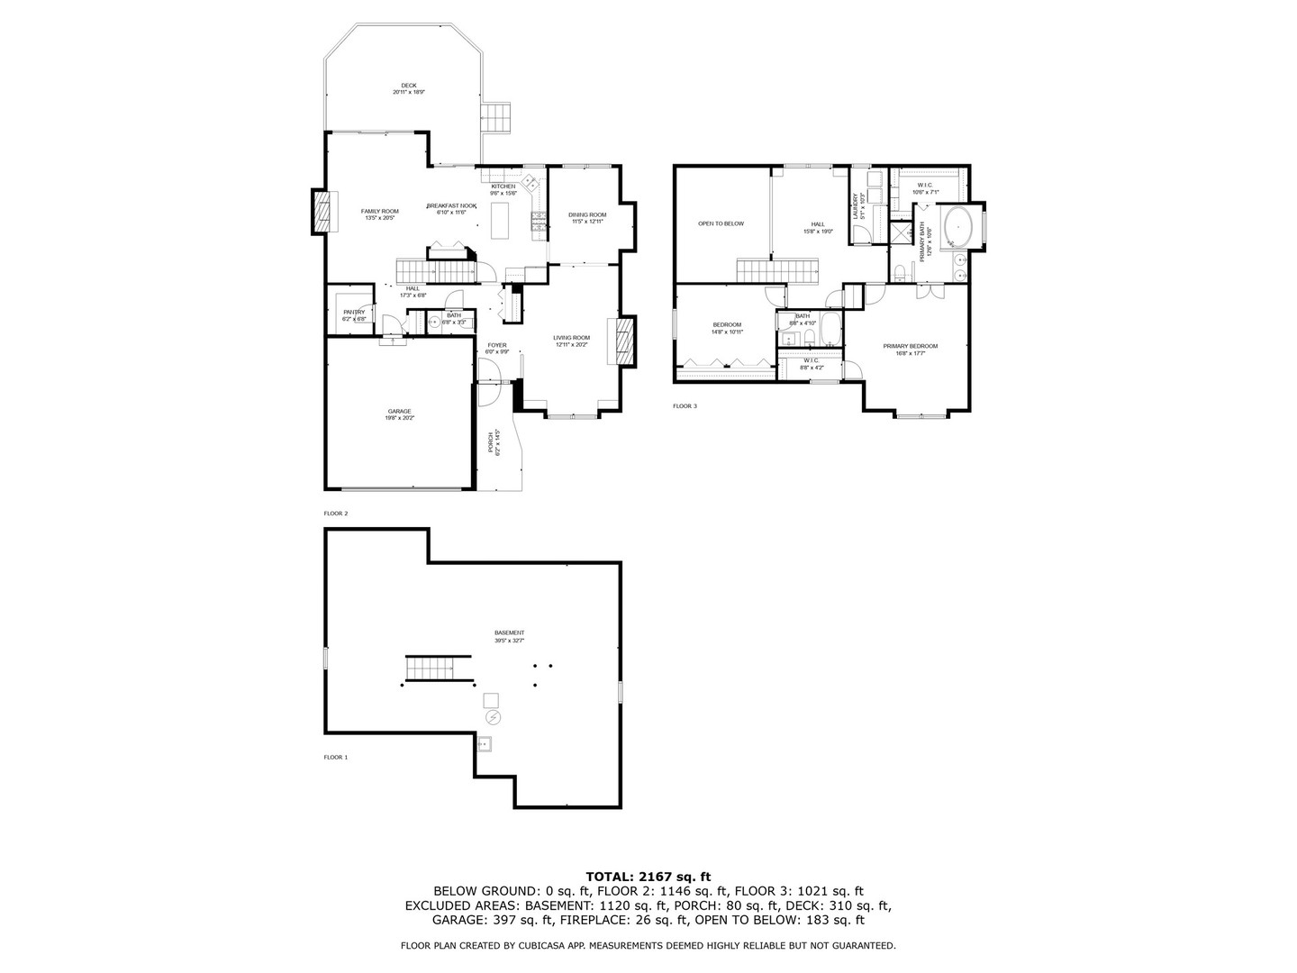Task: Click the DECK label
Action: (408, 86)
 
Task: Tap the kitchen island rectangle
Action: (501, 220)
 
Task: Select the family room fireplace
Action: (322, 212)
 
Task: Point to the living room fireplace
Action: (626, 341)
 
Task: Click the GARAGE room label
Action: (399, 411)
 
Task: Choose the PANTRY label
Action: (354, 312)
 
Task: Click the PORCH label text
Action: (491, 442)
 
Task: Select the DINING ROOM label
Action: (587, 214)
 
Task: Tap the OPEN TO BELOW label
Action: (721, 223)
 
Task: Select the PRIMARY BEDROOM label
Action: (910, 346)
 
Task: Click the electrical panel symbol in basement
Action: (493, 717)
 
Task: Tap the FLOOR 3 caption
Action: (685, 406)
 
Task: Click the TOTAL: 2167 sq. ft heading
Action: (648, 876)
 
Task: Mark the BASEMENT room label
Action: (509, 632)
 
